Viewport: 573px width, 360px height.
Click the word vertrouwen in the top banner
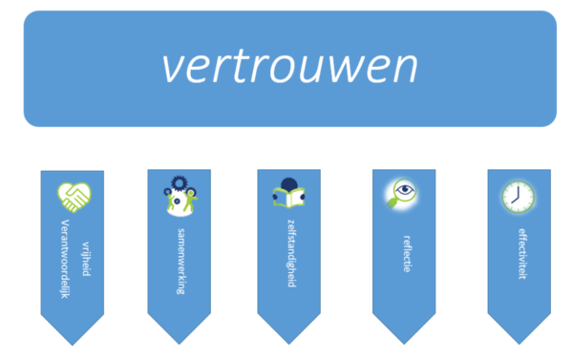pos(289,67)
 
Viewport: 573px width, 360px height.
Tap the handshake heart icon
pos(74,198)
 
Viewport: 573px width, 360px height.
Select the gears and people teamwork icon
pos(180,196)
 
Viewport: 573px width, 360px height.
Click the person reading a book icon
pos(288,193)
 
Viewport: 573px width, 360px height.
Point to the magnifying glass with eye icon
pos(402,194)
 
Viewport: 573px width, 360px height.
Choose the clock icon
pos(519,197)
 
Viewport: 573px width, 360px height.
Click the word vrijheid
pos(86,259)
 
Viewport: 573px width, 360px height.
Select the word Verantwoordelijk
pos(65,259)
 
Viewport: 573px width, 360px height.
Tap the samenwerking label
pos(180,262)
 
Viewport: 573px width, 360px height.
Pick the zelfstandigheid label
pos(291,253)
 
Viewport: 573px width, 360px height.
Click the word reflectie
pos(407,254)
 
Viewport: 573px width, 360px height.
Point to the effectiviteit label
pos(522,254)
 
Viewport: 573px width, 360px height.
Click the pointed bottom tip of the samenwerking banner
pos(180,345)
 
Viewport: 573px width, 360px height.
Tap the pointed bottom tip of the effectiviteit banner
pos(519,345)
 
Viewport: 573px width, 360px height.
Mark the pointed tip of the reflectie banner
pos(404,345)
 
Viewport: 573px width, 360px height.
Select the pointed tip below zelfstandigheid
pos(288,345)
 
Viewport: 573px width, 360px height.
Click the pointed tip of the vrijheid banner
pos(73,346)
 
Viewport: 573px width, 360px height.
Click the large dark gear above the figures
pos(180,182)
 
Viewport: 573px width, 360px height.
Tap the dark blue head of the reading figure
pos(289,184)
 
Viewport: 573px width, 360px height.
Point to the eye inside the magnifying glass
pos(405,190)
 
